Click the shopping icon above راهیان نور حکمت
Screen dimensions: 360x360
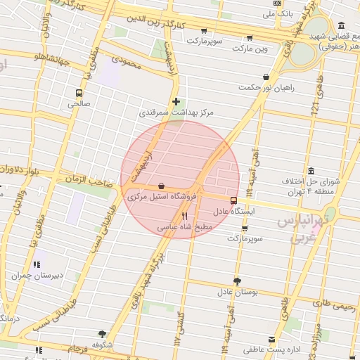(265, 77)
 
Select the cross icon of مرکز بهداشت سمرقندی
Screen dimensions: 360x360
(176, 102)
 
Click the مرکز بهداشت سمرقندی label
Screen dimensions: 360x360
(176, 112)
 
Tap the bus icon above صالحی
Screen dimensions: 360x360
(78, 92)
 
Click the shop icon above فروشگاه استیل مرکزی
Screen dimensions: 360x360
(162, 186)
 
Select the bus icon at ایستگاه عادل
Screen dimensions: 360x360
(233, 200)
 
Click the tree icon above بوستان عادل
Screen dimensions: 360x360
(237, 281)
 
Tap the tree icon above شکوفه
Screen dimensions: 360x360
(103, 334)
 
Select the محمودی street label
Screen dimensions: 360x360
(127, 71)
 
